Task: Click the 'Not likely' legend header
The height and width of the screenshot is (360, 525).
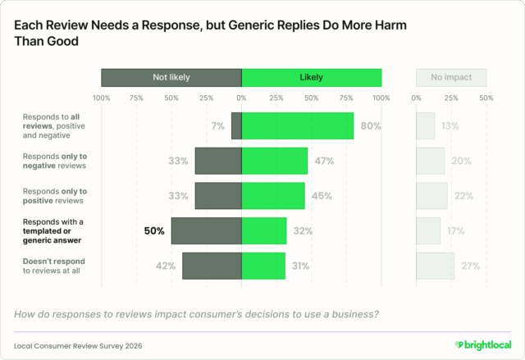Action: pos(171,78)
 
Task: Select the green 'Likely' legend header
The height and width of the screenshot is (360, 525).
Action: pos(311,78)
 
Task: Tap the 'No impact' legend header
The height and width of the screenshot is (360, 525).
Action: pos(450,78)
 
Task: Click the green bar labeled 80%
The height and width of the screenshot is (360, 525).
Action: pos(297,126)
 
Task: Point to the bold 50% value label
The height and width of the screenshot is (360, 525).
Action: pos(154,230)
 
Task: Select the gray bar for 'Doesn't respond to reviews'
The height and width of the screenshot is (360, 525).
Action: pos(212,266)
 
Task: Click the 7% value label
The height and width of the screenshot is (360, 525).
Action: pos(217,126)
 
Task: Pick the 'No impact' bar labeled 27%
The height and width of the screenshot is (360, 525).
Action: pos(435,266)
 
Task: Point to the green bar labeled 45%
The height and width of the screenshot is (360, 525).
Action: pos(273,196)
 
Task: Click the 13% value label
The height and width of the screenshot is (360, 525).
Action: pos(450,126)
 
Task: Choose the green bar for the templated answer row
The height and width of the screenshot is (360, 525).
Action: pos(264,230)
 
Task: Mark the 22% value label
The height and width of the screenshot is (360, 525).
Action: pos(463,196)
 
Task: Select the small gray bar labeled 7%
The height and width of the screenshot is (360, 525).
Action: pos(236,126)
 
